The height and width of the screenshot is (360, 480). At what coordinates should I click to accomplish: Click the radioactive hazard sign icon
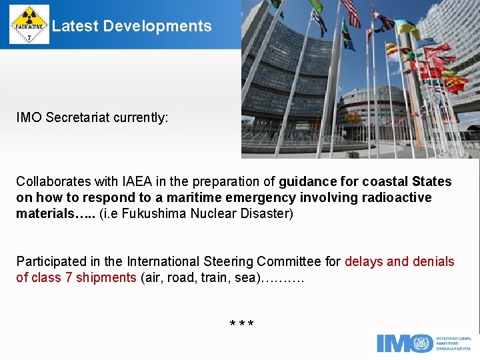point(29,25)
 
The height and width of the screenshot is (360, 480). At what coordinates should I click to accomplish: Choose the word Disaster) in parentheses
point(269,214)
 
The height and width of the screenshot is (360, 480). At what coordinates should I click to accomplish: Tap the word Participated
point(51,261)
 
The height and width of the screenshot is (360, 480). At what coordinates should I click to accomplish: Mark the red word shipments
point(106,277)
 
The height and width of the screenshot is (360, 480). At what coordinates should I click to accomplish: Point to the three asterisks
point(241,325)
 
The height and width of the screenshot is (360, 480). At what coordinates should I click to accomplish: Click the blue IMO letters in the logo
point(405,343)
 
